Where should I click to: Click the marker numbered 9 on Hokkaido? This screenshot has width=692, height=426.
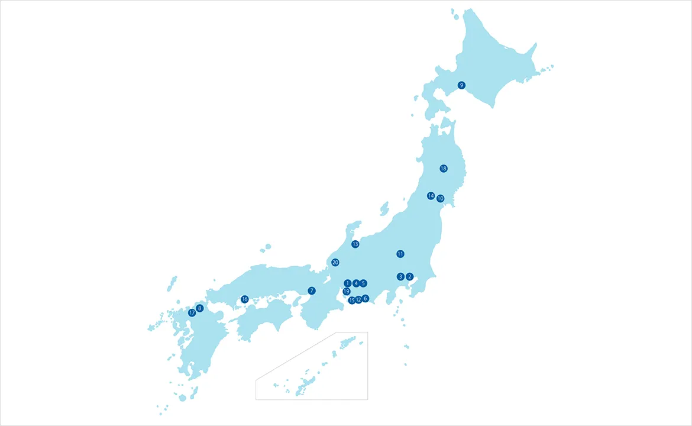[461, 85]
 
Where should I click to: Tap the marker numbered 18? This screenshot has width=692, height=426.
[444, 169]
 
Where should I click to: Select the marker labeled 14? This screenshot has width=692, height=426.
[431, 196]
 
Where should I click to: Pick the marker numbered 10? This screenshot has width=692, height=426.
[440, 199]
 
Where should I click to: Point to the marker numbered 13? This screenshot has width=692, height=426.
[355, 244]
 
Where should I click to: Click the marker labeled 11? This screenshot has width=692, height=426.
[400, 254]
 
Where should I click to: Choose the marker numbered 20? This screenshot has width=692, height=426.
[335, 262]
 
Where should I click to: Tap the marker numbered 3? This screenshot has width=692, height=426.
[400, 276]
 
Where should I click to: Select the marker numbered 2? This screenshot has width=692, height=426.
[409, 276]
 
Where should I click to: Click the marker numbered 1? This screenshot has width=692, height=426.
[348, 283]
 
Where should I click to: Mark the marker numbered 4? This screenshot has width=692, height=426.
[355, 283]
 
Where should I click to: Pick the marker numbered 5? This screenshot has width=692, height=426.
[363, 283]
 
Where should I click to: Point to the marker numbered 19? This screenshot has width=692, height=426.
[347, 291]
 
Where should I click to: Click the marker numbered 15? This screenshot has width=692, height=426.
[352, 301]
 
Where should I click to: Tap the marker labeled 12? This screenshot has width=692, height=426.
[358, 300]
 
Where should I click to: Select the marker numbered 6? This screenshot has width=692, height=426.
[366, 298]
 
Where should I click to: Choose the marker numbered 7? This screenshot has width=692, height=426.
[312, 291]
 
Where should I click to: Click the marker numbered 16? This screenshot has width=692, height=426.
[245, 299]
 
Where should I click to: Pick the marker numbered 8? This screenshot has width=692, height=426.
[199, 308]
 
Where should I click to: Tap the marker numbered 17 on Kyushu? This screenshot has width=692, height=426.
[192, 312]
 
